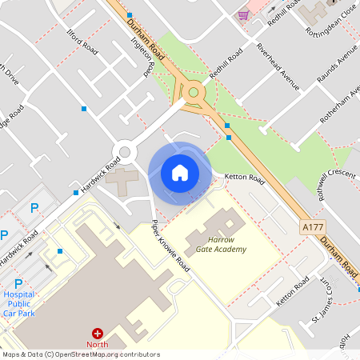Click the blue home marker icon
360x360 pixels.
pyautogui.click(x=179, y=173)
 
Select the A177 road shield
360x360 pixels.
pyautogui.click(x=314, y=228)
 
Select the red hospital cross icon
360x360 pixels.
pyautogui.click(x=98, y=333)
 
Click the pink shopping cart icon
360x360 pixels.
pyautogui.click(x=243, y=14)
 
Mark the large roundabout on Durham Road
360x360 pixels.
pyautogui.click(x=193, y=93)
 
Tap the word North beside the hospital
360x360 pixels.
pyautogui.click(x=98, y=345)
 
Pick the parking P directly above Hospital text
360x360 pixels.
pyautogui.click(x=18, y=283)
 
